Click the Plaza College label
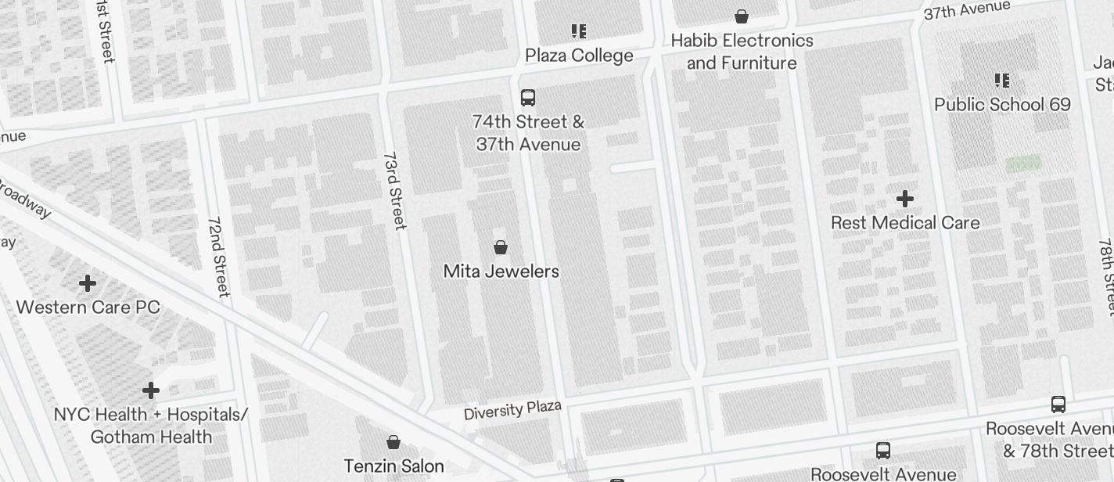pos(579,56)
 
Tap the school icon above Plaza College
pos(579,31)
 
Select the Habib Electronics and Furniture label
pos(742,52)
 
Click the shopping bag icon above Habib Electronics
pos(742,16)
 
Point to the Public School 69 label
pos(1002,105)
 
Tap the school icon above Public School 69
pos(1002,81)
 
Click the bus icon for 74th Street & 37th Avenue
pos(528,98)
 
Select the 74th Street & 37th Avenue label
pos(528,133)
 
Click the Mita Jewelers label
pos(501,272)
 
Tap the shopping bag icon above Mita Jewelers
pos(501,247)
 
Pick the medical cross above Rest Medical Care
pos(905,199)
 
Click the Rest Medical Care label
pos(905,223)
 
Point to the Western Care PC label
pos(88,307)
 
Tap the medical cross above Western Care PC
pos(88,282)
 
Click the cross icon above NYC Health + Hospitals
pos(151,390)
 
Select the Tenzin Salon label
pos(393,466)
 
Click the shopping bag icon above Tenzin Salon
pos(393,443)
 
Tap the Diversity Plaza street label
pos(512,411)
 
